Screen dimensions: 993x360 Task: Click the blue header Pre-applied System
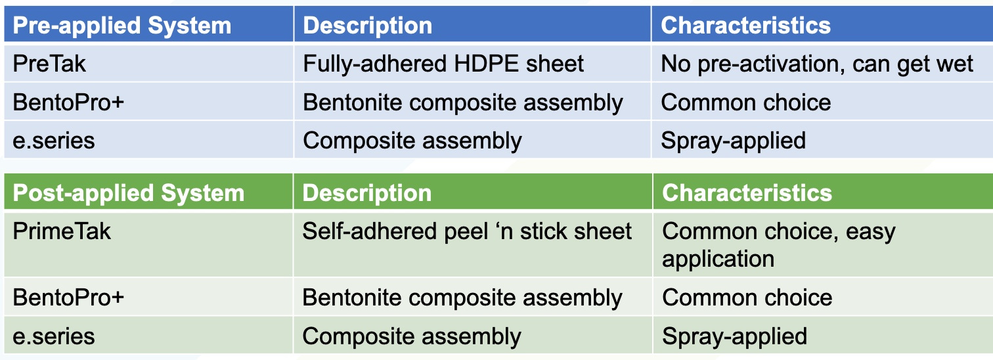(122, 25)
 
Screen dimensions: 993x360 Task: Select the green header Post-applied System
(129, 193)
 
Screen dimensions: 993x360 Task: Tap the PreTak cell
(49, 64)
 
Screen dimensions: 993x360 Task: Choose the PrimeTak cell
(62, 231)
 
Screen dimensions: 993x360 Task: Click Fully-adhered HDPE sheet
(443, 64)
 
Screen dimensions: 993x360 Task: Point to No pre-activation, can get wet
(816, 64)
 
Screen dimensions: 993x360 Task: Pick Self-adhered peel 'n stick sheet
(467, 231)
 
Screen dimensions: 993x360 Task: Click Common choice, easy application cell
(778, 245)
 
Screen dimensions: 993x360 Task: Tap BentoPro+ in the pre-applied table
(68, 102)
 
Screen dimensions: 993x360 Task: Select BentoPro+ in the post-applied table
(68, 297)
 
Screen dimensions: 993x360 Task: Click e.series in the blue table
(54, 141)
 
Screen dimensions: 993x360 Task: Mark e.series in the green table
(54, 336)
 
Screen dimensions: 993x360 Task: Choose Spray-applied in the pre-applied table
(733, 141)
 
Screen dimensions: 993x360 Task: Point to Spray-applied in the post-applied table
(734, 336)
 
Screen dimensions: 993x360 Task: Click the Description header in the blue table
(368, 25)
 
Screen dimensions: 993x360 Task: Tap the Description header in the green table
(366, 193)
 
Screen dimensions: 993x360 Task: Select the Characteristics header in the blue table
(745, 25)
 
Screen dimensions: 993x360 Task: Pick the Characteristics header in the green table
(747, 193)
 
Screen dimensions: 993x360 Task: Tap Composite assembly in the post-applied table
(412, 337)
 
